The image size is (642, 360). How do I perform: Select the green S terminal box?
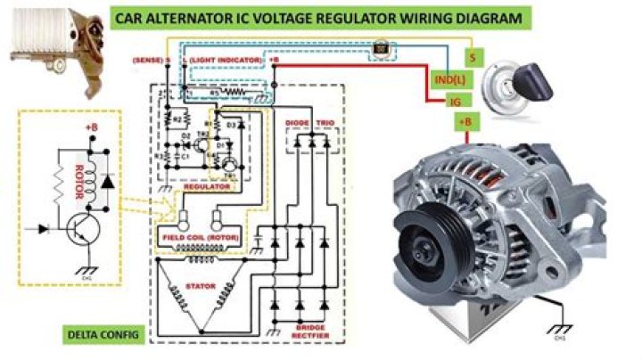[472, 57]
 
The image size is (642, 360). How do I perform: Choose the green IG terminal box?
[456, 102]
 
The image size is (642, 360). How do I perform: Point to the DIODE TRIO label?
[308, 120]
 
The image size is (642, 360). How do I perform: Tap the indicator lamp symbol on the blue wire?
[381, 48]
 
